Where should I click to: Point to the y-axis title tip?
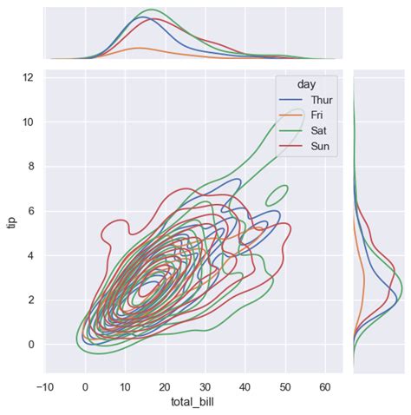[x=11, y=221]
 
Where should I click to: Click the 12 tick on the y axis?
[x=28, y=77]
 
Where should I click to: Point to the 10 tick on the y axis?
[x=28, y=122]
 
